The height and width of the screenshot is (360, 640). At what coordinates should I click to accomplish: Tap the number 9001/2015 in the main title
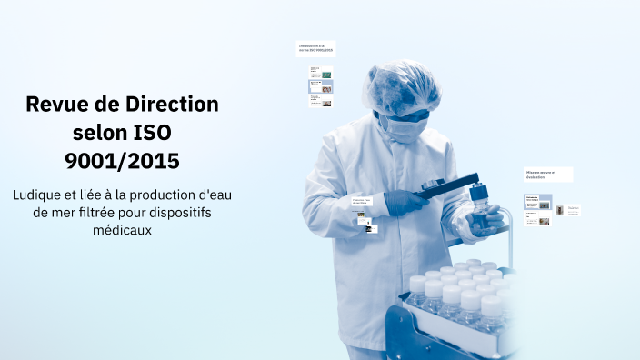tap(122, 161)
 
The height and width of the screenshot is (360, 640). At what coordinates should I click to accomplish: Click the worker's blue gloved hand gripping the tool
tap(405, 200)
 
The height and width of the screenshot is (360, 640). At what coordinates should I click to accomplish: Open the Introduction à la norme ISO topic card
tap(315, 48)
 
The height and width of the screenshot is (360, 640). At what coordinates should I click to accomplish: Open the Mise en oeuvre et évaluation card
tap(547, 174)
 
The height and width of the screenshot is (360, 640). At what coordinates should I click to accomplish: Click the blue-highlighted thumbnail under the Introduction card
tap(321, 87)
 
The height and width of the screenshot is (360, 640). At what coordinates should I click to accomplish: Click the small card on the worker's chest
tap(365, 201)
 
